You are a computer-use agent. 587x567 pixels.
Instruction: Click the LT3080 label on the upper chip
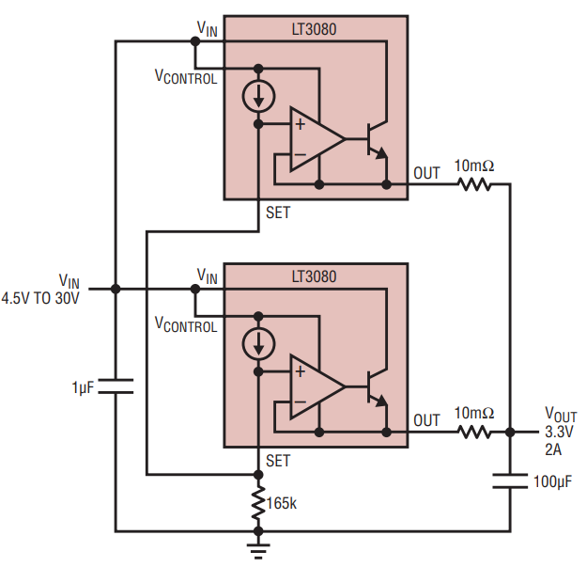[316, 29]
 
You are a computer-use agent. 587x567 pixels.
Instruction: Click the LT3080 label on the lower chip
[316, 277]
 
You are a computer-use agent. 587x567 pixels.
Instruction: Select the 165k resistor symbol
[259, 503]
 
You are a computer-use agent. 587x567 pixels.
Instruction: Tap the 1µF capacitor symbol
[115, 386]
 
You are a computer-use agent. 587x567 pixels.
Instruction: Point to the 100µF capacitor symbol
[510, 481]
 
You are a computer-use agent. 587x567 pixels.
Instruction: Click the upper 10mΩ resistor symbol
[474, 184]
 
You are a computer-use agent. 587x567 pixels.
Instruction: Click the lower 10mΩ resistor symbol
[474, 433]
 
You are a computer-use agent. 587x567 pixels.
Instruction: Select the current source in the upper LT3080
[259, 97]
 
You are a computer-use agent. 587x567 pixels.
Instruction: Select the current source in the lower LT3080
[259, 345]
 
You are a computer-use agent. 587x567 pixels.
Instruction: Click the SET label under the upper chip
[278, 213]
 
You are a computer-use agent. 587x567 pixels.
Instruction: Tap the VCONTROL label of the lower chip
[185, 325]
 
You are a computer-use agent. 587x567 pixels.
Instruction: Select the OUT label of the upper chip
[426, 173]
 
